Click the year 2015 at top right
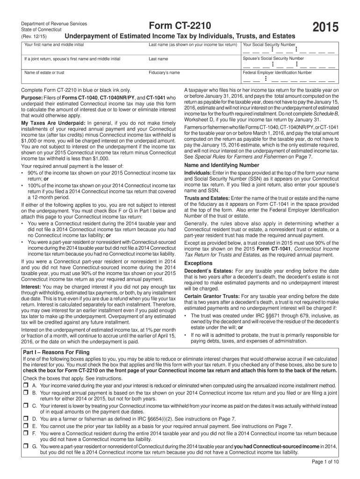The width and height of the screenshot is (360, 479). pyautogui.click(x=323, y=29)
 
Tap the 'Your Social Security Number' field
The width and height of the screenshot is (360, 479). pyautogui.click(x=288, y=51)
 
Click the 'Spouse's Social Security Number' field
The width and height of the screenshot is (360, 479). pyautogui.click(x=288, y=65)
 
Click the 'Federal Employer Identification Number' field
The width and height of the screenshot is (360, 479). pyautogui.click(x=288, y=80)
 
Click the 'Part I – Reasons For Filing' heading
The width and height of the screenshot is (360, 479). pyautogui.click(x=56, y=352)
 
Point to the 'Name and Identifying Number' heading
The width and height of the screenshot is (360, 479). pyautogui.click(x=222, y=165)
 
